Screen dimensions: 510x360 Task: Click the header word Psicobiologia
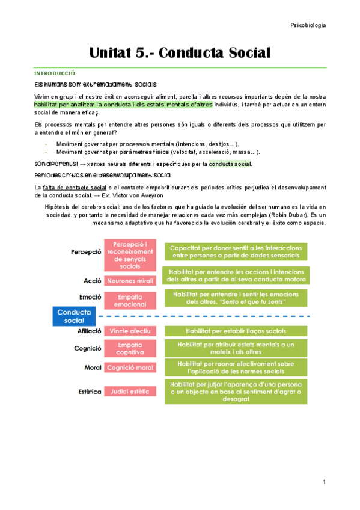[308, 25]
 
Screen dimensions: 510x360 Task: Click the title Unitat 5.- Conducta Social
[180, 52]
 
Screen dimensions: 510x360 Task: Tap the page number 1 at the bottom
[324, 482]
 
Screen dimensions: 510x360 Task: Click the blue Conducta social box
[74, 316]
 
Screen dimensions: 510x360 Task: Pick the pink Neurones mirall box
[130, 281]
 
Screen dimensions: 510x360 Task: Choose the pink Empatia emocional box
[130, 300]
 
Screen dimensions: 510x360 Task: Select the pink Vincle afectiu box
[130, 331]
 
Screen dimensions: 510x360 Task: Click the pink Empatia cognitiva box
[130, 348]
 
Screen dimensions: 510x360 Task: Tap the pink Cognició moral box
[130, 367]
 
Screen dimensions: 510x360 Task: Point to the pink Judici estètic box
[130, 392]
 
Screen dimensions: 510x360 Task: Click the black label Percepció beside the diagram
[86, 252]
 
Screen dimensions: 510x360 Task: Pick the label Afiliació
[89, 331]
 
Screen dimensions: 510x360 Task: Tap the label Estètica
[89, 392]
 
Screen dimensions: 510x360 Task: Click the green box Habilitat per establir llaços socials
[236, 331]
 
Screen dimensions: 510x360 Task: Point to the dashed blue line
[204, 316]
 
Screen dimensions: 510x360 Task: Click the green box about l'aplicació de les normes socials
[236, 367]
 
